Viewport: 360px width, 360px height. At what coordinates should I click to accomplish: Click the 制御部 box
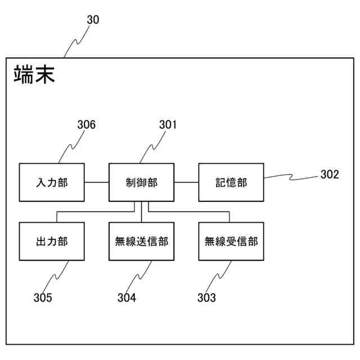tap(141, 182)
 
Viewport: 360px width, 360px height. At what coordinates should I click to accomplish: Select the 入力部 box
tap(52, 182)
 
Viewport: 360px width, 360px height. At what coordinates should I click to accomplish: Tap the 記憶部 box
tap(231, 182)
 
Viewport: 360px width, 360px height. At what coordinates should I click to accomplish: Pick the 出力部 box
tap(52, 241)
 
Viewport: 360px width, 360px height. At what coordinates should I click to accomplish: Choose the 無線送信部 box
tap(141, 241)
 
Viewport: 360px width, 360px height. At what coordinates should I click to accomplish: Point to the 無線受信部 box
tap(231, 241)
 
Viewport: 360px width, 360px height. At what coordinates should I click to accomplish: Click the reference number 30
tap(93, 20)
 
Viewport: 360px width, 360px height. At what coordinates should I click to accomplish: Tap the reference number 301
tap(167, 125)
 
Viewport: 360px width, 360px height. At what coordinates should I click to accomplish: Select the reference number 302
tap(330, 174)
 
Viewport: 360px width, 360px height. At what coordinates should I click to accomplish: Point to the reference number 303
tap(206, 298)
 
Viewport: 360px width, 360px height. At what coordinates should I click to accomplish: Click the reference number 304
tap(127, 298)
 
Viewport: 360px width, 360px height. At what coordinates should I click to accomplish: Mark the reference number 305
tap(42, 298)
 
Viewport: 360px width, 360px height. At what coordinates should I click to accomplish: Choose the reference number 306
tap(86, 125)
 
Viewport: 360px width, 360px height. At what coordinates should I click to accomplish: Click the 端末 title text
tap(34, 75)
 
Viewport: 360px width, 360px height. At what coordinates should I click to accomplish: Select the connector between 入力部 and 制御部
tap(96, 182)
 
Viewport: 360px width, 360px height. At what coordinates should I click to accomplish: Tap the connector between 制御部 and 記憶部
tap(186, 182)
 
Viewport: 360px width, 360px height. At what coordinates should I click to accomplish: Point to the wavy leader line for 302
tap(291, 177)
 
